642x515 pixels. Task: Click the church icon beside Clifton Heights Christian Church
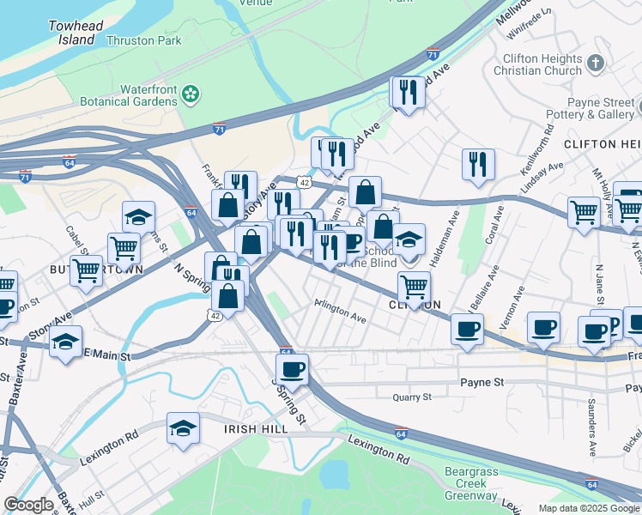coord(596,64)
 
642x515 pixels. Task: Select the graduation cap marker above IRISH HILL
coord(183,428)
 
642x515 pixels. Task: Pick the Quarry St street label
coord(412,397)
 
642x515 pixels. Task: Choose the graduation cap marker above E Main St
coord(65,342)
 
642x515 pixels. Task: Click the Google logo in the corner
coord(28,505)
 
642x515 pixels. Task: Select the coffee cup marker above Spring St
coord(294,369)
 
